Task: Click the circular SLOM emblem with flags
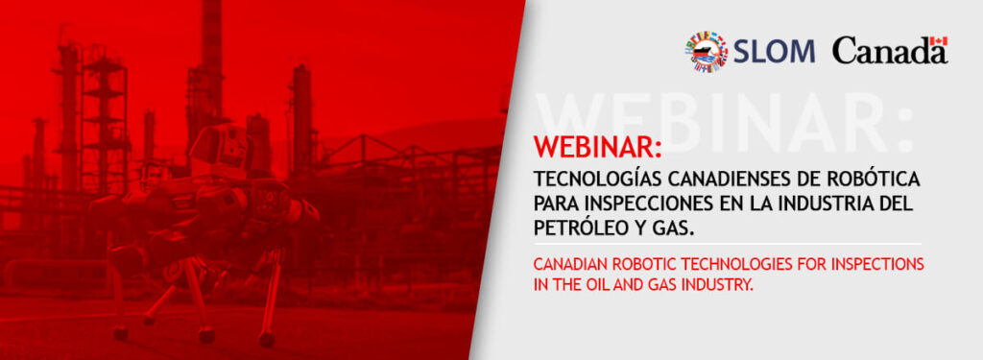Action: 706,51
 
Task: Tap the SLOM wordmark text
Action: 774,51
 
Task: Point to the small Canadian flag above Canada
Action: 939,40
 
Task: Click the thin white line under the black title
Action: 728,244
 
